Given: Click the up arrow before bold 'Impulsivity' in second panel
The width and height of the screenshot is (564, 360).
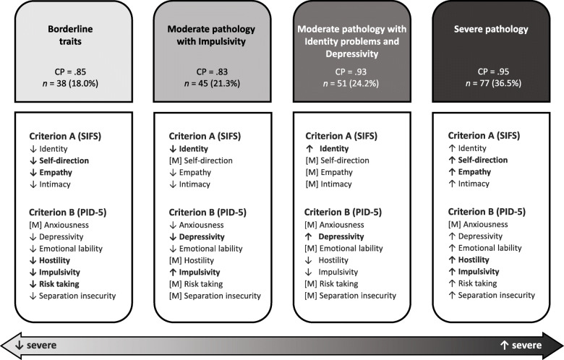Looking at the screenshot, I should click(x=174, y=272).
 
